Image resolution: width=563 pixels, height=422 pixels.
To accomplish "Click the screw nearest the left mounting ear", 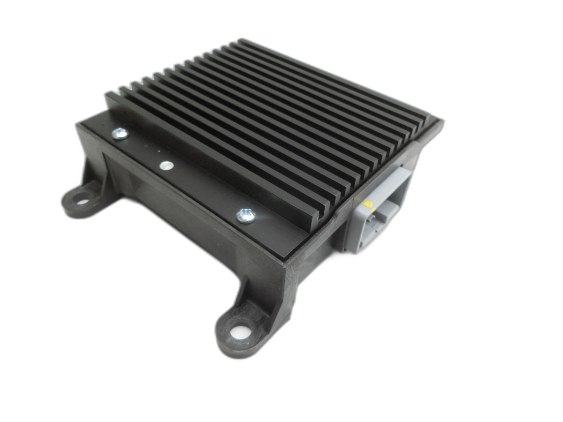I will (120, 134).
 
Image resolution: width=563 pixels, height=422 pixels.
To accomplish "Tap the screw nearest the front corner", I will (245, 215).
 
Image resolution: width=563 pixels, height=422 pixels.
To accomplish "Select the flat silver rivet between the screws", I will (166, 165).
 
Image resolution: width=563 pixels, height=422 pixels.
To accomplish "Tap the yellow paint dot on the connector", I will (368, 204).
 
